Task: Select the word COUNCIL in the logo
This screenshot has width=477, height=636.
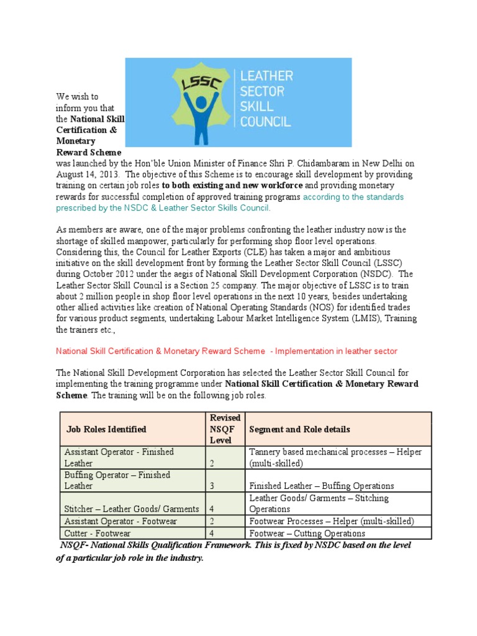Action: (x=265, y=120)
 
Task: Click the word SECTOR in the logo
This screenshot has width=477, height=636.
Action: (x=263, y=91)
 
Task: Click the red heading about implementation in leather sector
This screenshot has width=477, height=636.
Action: (x=226, y=351)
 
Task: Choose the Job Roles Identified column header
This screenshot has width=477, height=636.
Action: (x=106, y=429)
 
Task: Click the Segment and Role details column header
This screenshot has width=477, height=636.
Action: (x=299, y=429)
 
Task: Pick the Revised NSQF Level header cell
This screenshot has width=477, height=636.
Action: (x=225, y=429)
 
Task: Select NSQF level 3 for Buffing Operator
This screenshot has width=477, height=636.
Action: (x=212, y=486)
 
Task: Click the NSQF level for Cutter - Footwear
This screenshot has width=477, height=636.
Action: (x=212, y=533)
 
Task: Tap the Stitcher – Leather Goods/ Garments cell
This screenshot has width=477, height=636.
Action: (x=132, y=509)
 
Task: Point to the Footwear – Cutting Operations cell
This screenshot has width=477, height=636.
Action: (x=307, y=533)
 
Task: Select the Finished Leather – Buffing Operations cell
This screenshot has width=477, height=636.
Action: (x=321, y=486)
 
